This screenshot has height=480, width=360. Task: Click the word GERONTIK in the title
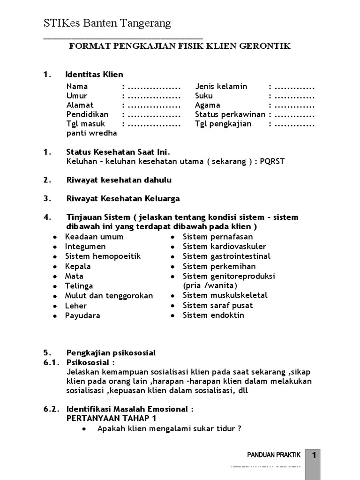click(267, 46)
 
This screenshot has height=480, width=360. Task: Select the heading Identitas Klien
click(94, 74)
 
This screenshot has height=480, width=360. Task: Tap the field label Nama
click(77, 87)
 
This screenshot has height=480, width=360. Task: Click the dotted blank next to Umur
click(154, 96)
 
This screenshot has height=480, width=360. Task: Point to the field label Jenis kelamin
click(221, 87)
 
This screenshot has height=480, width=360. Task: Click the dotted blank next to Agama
click(294, 105)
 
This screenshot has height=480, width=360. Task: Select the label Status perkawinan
click(230, 115)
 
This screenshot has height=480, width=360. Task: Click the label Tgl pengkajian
click(223, 124)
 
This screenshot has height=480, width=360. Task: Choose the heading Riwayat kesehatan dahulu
click(119, 180)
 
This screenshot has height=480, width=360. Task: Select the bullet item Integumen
click(85, 247)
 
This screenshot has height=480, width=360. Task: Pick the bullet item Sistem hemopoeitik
click(103, 256)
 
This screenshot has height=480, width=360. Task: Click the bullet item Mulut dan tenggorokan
click(109, 296)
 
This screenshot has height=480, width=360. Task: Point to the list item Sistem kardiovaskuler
click(224, 247)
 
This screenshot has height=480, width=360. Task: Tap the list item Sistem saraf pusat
click(217, 306)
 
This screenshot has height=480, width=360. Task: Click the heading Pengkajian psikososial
click(111, 352)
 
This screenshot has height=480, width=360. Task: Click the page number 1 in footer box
click(315, 455)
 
